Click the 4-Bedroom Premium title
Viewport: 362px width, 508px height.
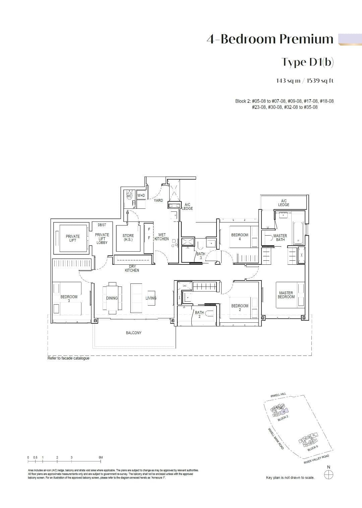[x=270, y=39]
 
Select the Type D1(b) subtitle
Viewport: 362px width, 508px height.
[x=307, y=62]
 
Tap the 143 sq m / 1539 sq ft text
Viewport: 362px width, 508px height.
[x=305, y=81]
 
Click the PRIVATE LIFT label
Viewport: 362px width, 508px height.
[x=73, y=238]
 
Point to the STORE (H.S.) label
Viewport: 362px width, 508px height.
[x=128, y=238]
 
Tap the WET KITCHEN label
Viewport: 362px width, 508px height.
[x=162, y=237]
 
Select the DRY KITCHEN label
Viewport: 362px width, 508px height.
[x=132, y=268]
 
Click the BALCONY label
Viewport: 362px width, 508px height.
[x=134, y=333]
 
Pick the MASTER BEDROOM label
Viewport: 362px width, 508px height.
[x=286, y=295]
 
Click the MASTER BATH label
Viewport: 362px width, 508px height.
[x=280, y=238]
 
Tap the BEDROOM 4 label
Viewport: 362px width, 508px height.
[x=240, y=237]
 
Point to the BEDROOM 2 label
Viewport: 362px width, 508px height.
[x=240, y=308]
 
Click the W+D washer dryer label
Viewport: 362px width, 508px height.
[x=141, y=195]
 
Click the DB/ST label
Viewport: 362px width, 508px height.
[x=102, y=225]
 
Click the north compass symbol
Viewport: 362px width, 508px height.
[x=329, y=474]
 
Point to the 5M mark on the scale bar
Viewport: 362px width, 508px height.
[x=101, y=457]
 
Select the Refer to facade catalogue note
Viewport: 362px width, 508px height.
[x=68, y=358]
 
